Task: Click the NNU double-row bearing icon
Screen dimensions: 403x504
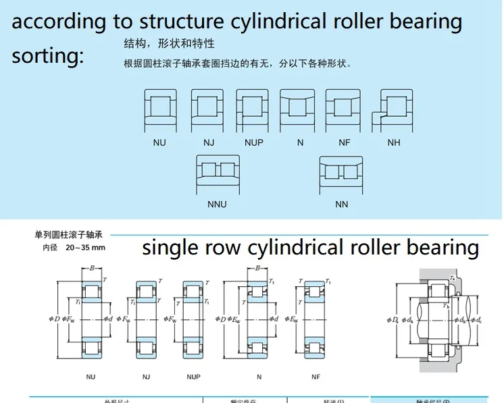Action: pos(218,173)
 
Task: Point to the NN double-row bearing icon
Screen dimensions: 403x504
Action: pos(342,173)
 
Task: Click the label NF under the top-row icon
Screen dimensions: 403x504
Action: pos(345,143)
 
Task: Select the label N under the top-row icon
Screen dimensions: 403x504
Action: pos(300,143)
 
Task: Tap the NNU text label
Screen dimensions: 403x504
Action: pos(218,204)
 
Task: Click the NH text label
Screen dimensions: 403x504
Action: pos(394,143)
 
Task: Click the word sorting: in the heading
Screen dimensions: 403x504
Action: pos(47,55)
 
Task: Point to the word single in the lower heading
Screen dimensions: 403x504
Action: pos(170,248)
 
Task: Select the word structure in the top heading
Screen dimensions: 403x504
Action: pos(182,22)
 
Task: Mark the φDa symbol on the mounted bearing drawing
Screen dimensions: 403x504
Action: pos(392,319)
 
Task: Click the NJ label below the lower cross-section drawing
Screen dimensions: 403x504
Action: pos(145,376)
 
